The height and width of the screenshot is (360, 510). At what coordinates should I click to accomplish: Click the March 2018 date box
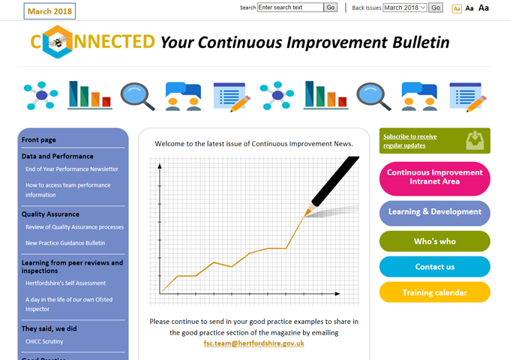[x=49, y=11]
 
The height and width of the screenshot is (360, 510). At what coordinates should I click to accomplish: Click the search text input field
[x=290, y=7]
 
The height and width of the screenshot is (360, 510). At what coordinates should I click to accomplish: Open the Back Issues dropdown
[x=404, y=7]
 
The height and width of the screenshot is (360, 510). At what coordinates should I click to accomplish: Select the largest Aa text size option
[x=483, y=7]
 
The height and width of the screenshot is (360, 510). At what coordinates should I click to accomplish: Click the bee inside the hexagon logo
[x=58, y=42]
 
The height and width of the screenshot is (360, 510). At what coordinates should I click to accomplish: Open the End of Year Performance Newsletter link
[x=72, y=169]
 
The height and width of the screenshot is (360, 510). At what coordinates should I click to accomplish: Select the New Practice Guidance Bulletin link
[x=65, y=243]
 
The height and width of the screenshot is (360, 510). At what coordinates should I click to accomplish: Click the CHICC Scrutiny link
[x=44, y=341]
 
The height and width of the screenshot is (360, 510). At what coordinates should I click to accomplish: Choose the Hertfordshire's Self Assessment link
[x=66, y=283]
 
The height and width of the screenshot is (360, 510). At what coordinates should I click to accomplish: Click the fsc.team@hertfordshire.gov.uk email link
[x=253, y=343]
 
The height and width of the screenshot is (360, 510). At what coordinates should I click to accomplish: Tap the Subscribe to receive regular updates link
[x=409, y=141]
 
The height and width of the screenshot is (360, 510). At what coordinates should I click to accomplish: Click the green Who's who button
[x=434, y=241]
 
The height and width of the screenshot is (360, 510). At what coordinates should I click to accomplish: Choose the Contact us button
[x=434, y=267]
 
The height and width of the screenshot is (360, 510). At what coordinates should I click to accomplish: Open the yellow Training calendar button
[x=434, y=292]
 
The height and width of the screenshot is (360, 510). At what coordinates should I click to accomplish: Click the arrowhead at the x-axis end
[x=337, y=294]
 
